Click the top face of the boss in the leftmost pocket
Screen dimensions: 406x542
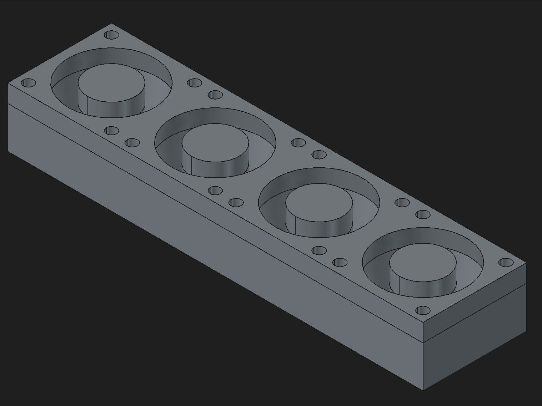point(111,83)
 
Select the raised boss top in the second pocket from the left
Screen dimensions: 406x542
point(215,143)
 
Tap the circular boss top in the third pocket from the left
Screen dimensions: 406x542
point(319,202)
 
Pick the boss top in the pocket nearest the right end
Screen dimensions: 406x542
point(423,262)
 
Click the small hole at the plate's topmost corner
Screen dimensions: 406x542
point(112,35)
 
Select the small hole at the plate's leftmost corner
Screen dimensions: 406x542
point(29,83)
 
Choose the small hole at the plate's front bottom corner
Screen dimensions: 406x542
point(423,310)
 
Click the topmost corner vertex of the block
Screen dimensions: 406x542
point(111,24)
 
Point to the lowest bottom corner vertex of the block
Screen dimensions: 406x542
point(423,390)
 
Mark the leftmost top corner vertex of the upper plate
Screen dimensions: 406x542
point(9,83)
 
